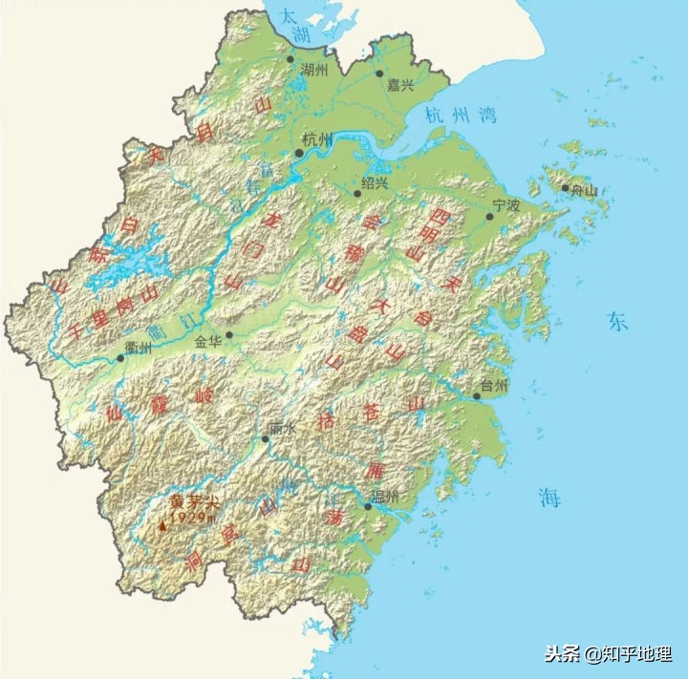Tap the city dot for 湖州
pyautogui.click(x=291, y=59)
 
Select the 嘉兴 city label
pyautogui.click(x=400, y=85)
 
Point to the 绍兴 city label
pyautogui.click(x=376, y=181)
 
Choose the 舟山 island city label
pyautogui.click(x=585, y=190)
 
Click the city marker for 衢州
pyautogui.click(x=121, y=358)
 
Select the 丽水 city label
pyautogui.click(x=284, y=430)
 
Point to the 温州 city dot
pyautogui.click(x=368, y=507)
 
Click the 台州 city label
pyautogui.click(x=495, y=385)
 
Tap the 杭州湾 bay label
pyautogui.click(x=462, y=116)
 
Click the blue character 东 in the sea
pyautogui.click(x=617, y=322)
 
